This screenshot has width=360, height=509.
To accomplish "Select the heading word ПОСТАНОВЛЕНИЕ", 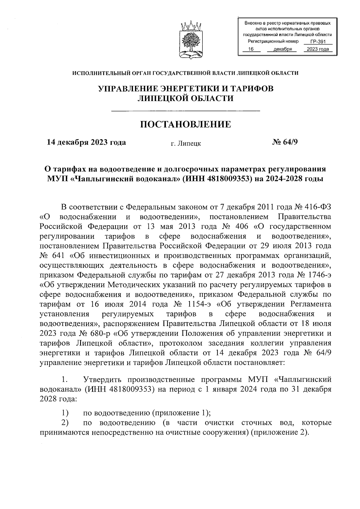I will click(x=186, y=124).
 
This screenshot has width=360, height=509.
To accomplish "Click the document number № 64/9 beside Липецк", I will click(x=285, y=142).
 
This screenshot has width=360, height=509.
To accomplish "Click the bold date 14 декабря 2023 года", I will click(x=86, y=142).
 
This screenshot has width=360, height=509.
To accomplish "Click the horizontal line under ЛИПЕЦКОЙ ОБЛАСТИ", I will click(x=185, y=112).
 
